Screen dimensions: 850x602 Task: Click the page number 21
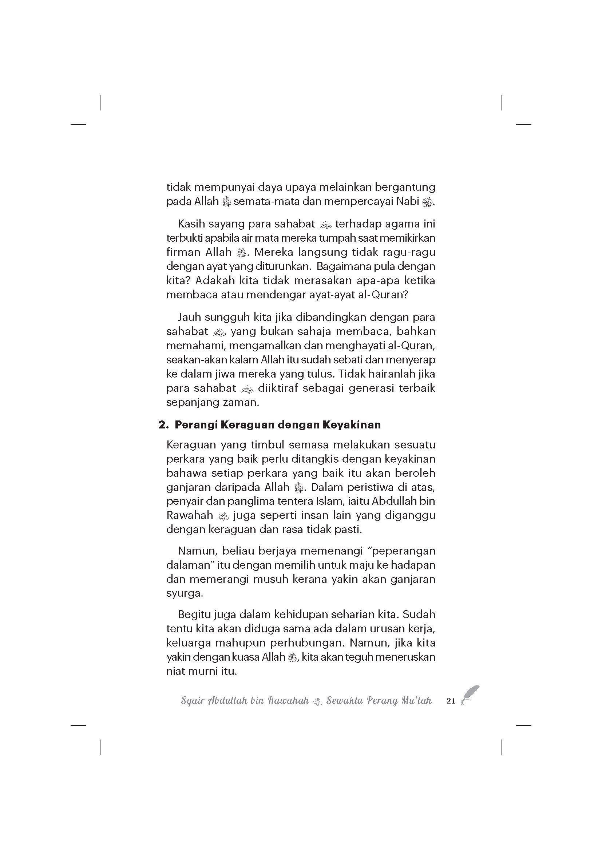(x=451, y=701)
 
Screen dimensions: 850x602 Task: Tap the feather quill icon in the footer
(x=470, y=695)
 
